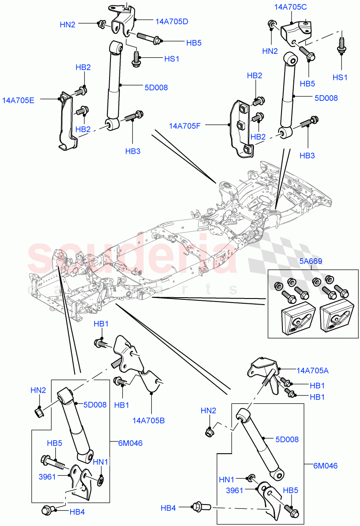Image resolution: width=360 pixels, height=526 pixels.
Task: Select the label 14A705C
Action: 291,7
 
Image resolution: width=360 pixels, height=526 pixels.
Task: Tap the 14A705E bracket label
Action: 19,100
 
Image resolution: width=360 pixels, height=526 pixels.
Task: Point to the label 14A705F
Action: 185,126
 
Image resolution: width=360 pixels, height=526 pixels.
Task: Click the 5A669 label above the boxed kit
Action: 311,261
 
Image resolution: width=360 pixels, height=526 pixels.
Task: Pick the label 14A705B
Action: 149,421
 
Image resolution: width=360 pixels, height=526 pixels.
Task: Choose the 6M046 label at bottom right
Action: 326,466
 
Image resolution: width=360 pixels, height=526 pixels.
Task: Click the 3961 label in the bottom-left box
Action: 47,477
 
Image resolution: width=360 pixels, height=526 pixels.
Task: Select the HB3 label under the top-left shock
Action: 132,151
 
